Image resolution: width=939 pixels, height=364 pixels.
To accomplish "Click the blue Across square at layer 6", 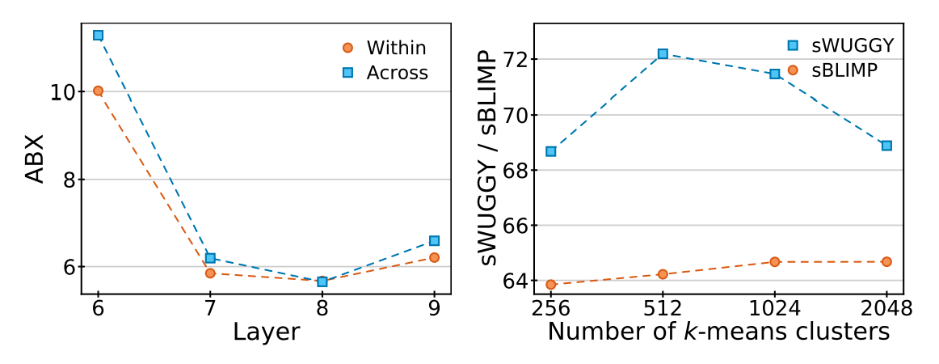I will pos(98,36).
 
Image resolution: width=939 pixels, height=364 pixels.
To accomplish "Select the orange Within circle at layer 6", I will pos(98,91).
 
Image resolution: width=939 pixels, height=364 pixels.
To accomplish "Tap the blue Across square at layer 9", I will pos(435,241).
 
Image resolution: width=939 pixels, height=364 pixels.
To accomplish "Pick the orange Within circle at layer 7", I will pos(210,273).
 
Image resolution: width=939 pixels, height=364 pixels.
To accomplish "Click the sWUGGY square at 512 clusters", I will pos(663,53).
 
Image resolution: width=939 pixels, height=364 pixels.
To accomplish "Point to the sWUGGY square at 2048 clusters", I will pos(886,146).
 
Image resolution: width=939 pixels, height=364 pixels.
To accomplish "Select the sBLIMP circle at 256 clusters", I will pos(551,285).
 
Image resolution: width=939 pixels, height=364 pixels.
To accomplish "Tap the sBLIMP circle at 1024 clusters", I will pos(775,262).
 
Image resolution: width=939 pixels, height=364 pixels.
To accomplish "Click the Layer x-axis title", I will pos(266,332).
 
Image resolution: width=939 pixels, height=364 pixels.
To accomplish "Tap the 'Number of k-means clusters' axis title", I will pos(718,332).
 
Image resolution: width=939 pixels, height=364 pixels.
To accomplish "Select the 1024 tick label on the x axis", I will pos(775,308).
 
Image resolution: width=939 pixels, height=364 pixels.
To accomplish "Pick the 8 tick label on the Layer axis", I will pos(322,308).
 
